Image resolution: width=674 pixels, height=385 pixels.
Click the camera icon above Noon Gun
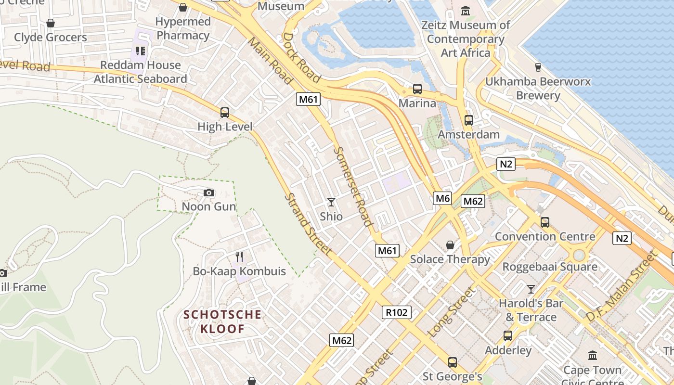[208, 193]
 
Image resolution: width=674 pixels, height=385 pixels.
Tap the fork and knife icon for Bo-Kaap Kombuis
[239, 257]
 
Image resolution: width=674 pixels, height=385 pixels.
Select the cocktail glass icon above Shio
[331, 202]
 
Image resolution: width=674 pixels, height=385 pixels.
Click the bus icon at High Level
[225, 113]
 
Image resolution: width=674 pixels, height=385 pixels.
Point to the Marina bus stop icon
[417, 89]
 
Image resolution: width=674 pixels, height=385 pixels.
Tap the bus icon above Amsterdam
[469, 120]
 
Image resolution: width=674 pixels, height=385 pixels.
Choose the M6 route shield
[442, 198]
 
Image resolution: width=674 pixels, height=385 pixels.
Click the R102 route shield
[397, 312]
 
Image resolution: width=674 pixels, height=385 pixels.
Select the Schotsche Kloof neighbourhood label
[222, 322]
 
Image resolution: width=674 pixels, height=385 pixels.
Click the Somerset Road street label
[353, 187]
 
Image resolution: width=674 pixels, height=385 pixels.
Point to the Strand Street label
[308, 224]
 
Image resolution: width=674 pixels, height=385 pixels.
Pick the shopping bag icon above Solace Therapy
[450, 245]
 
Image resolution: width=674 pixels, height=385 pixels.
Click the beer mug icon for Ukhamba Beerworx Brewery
[538, 67]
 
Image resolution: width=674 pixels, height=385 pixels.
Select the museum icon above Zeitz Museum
[466, 11]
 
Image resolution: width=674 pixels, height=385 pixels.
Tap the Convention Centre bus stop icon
[545, 222]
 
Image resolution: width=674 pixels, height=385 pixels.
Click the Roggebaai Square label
[550, 267]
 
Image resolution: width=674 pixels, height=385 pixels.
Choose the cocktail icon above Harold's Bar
[531, 289]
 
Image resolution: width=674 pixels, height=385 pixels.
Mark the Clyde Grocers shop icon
[51, 23]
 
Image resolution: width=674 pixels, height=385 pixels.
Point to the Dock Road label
[302, 58]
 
